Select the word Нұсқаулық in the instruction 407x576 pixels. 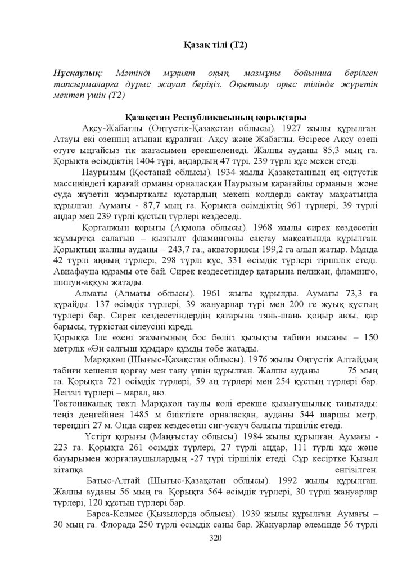pyautogui.click(x=78, y=74)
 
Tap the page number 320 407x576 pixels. pyautogui.click(x=216, y=538)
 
